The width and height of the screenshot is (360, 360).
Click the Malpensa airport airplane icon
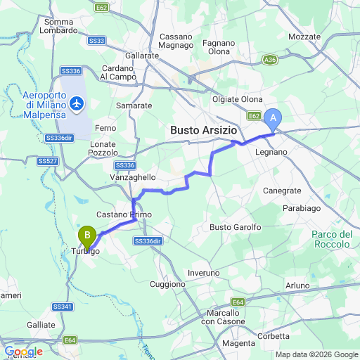tap(76, 105)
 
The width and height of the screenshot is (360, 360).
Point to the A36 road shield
tap(270, 60)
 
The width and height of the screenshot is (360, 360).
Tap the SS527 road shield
tap(47, 161)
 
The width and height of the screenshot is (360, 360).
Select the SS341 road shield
tap(62, 307)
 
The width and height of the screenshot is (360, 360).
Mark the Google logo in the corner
tap(23, 352)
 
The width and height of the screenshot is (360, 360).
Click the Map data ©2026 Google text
tap(316, 354)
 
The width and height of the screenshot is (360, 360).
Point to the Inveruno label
tap(204, 273)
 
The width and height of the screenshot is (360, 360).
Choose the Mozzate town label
tap(304, 35)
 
